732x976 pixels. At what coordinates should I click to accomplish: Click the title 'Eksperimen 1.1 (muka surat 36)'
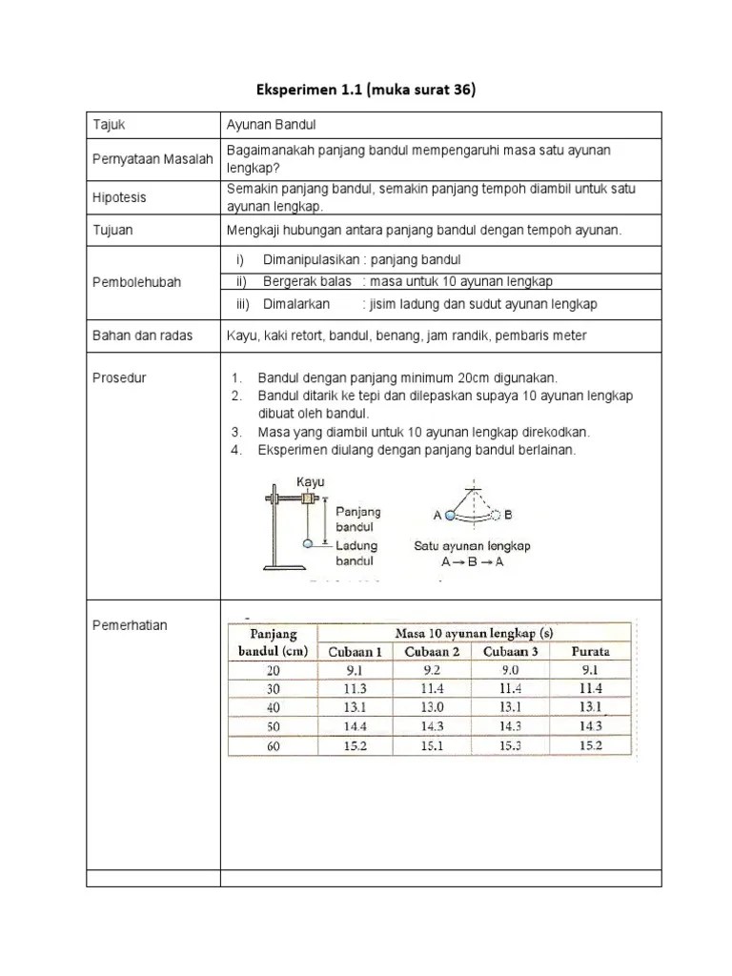pos(365,91)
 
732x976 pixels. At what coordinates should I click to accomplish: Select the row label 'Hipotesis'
pos(120,197)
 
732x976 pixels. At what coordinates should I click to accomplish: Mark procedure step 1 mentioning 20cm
pos(407,377)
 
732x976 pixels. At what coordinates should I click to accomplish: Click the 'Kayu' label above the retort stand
pos(311,482)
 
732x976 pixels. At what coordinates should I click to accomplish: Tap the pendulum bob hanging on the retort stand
pos(308,543)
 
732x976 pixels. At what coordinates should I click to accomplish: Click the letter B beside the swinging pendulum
pos(508,515)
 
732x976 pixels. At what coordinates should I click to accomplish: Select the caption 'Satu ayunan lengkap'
pos(472,546)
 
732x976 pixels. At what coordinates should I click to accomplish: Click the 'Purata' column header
pos(590,652)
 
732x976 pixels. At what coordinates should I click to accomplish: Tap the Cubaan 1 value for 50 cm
pos(355,725)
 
